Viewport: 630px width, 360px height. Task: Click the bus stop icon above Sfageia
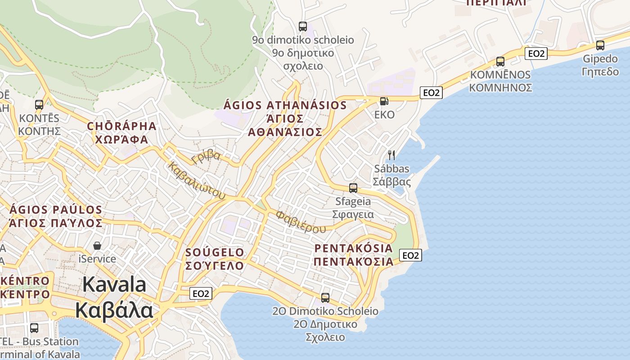353,188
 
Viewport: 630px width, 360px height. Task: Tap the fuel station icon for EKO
384,101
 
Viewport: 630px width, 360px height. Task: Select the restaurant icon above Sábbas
391,155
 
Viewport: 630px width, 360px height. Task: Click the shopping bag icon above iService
97,246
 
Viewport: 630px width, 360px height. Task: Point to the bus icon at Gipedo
600,45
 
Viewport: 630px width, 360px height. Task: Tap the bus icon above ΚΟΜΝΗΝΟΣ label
500,62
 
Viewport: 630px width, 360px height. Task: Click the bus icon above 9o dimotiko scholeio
303,27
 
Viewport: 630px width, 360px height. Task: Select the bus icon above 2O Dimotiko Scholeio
325,298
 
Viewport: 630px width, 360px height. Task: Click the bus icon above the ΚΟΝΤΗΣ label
39,105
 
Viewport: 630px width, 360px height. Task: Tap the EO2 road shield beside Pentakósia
410,256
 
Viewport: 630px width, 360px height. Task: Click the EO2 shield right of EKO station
431,93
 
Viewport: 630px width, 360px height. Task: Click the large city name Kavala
114,285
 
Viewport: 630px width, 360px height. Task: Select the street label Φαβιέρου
301,222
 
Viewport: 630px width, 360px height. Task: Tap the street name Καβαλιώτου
197,180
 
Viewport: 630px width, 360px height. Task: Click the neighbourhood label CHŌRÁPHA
122,126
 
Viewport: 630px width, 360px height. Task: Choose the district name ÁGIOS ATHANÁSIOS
285,106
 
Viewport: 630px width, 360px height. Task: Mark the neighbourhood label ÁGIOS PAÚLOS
56,210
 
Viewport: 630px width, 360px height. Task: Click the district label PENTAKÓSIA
353,248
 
